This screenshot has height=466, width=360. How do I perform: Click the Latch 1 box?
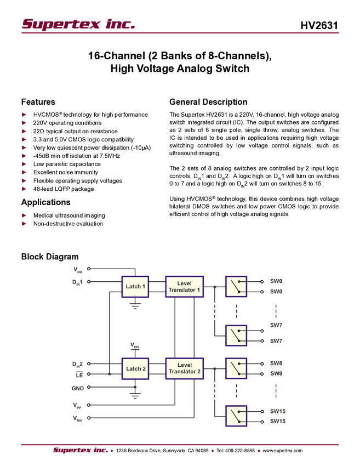[135, 286]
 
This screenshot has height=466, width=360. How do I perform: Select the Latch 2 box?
[135, 368]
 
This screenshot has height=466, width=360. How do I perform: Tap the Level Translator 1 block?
[185, 286]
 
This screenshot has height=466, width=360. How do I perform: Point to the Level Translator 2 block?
[185, 368]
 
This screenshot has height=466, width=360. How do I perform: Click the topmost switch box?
[237, 286]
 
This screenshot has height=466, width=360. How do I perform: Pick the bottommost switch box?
[237, 416]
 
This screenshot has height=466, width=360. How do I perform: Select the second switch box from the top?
[237, 336]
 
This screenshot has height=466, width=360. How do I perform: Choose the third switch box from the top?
[237, 368]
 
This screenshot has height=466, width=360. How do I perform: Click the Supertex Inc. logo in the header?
[77, 24]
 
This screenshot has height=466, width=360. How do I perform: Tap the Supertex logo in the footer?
[80, 451]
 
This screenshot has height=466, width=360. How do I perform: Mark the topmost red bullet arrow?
[24, 115]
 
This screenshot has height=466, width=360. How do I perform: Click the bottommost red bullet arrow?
[24, 224]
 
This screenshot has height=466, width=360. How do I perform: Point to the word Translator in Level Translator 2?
[185, 372]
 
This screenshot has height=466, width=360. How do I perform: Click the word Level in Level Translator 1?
[185, 283]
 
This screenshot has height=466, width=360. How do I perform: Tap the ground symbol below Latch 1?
[135, 305]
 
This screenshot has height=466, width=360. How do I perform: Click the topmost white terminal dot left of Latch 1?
[89, 269]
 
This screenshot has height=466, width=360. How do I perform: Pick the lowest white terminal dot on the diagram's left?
[89, 418]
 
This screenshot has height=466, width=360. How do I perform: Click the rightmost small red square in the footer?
[259, 451]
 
